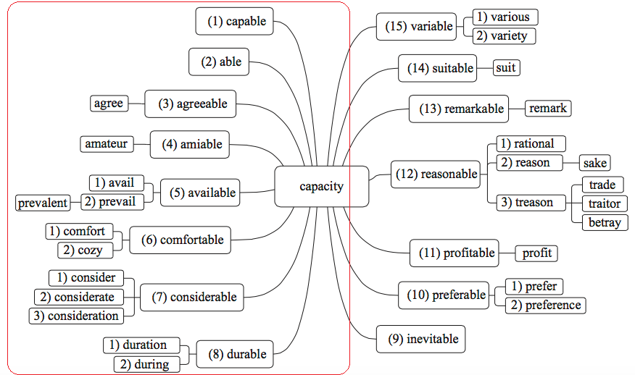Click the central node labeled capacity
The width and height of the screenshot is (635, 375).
click(321, 187)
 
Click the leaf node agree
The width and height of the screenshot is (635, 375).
click(108, 104)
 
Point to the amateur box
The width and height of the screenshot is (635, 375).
click(106, 143)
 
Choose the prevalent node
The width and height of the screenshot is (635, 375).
click(43, 203)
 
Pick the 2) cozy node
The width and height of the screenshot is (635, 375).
click(84, 250)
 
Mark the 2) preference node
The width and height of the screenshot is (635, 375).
click(545, 305)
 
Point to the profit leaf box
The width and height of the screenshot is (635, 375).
click(536, 253)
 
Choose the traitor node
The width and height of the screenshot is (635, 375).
click(604, 203)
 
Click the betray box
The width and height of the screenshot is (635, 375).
click(604, 222)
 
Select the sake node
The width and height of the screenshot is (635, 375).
click(594, 163)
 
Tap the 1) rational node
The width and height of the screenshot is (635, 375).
click(530, 143)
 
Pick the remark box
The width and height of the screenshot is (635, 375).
click(547, 109)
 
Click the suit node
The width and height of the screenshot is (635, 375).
click(506, 68)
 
